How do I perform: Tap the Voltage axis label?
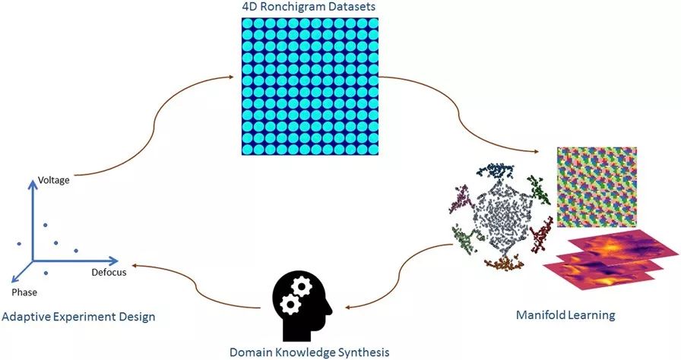pos(54,181)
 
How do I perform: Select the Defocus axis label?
pos(109,272)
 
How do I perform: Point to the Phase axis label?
pos(24,292)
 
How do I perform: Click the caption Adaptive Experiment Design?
pos(78,315)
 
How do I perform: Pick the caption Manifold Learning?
pos(565,314)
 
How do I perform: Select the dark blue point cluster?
pos(501,170)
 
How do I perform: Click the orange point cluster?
pos(502,264)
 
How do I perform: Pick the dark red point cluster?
pos(541,235)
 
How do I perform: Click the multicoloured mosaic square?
pos(596,186)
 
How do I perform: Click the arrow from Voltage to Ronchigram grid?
pos(152,122)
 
